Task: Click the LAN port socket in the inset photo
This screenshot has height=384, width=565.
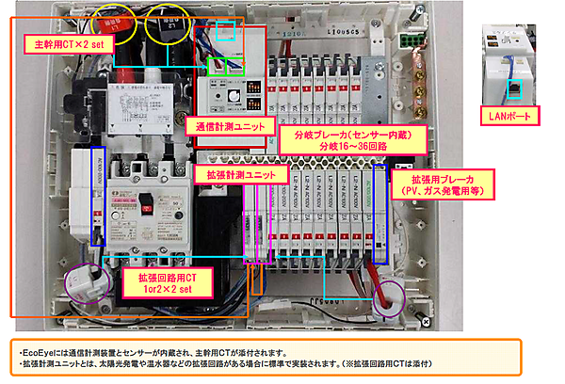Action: [514, 88]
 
